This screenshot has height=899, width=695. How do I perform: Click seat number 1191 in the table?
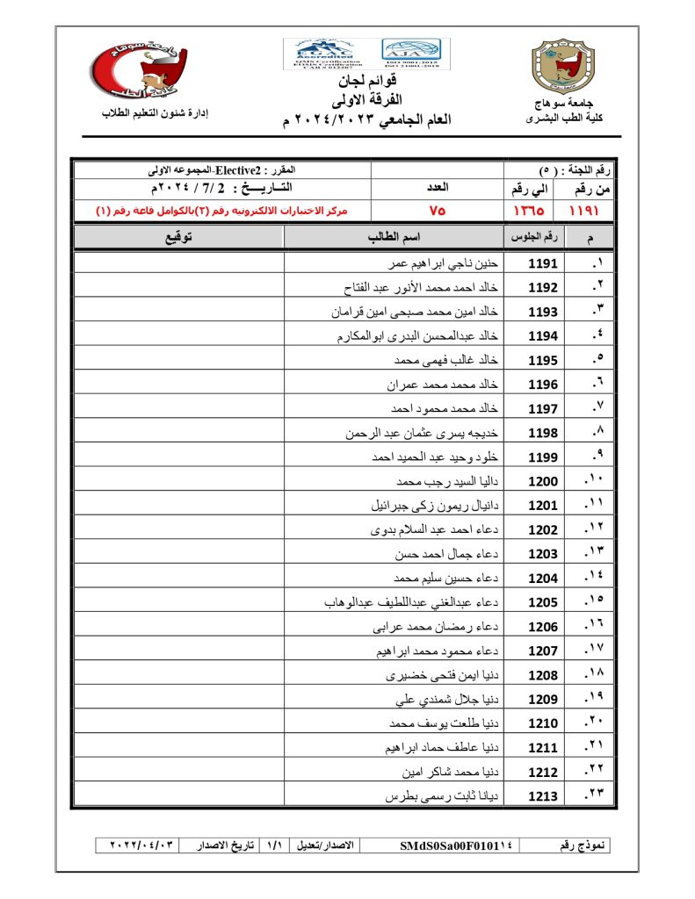[543, 263]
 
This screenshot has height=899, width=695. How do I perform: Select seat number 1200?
[543, 481]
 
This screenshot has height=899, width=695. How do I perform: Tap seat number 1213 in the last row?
[543, 796]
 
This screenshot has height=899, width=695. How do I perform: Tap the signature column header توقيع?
[178, 237]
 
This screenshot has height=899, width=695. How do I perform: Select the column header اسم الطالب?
[394, 237]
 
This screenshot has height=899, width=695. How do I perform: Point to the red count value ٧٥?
[438, 211]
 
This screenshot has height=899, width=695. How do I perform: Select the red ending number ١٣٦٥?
[528, 211]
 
